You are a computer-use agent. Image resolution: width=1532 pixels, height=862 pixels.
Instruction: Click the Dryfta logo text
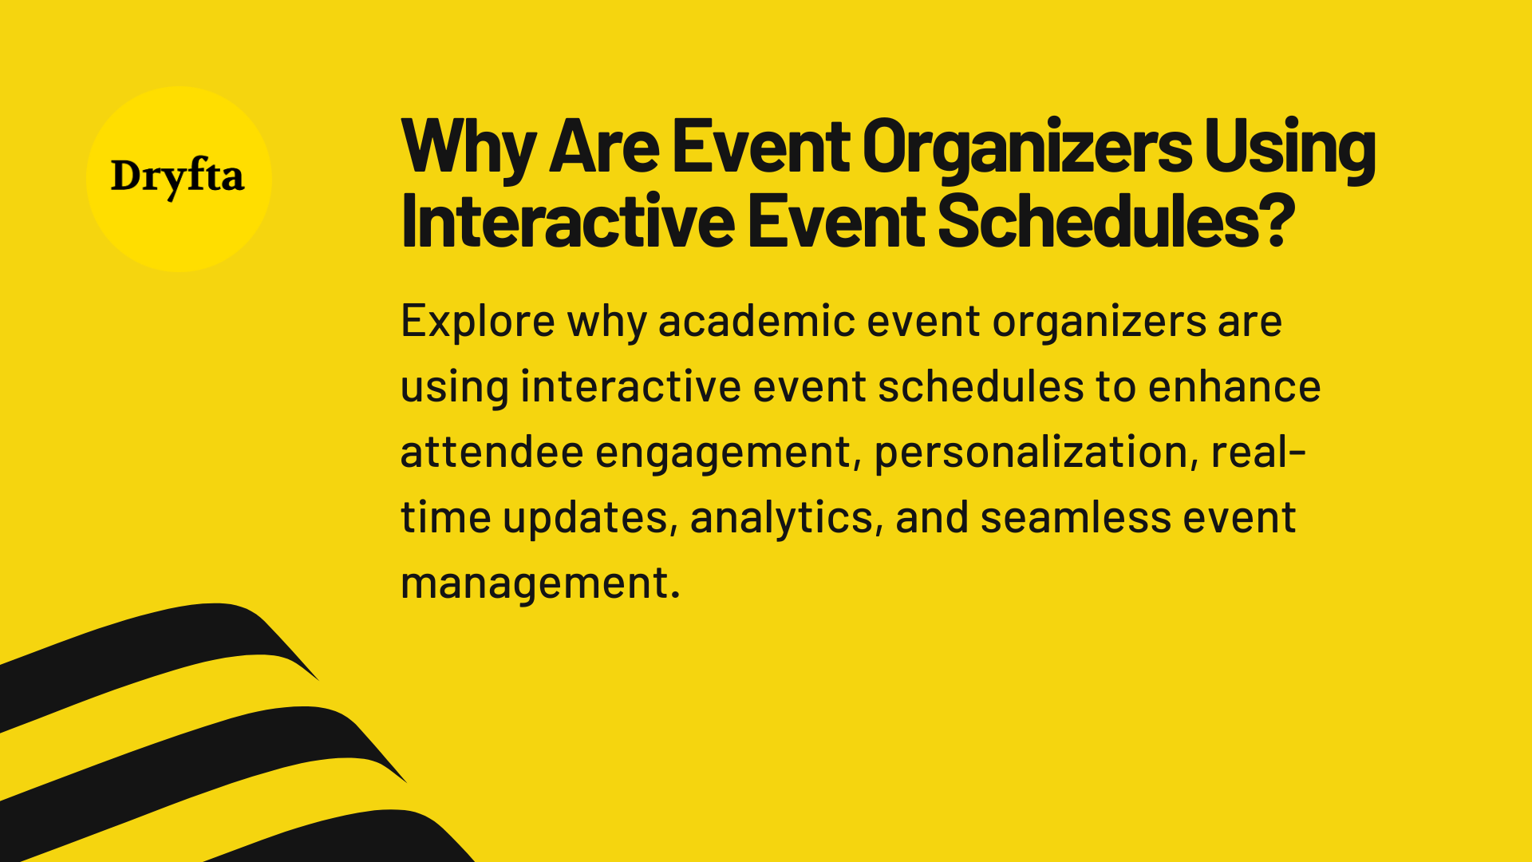click(177, 176)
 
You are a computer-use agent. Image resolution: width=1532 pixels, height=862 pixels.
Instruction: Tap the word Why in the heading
click(468, 148)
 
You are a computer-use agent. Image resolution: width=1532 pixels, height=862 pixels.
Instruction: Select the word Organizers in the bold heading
click(1026, 148)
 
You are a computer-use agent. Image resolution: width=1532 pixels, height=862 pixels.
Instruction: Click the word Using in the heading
click(1289, 148)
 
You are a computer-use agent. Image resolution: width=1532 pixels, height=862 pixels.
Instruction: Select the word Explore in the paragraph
click(477, 321)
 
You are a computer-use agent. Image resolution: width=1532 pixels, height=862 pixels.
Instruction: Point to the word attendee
click(492, 452)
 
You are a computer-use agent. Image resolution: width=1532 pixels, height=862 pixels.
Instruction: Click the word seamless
click(1076, 517)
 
